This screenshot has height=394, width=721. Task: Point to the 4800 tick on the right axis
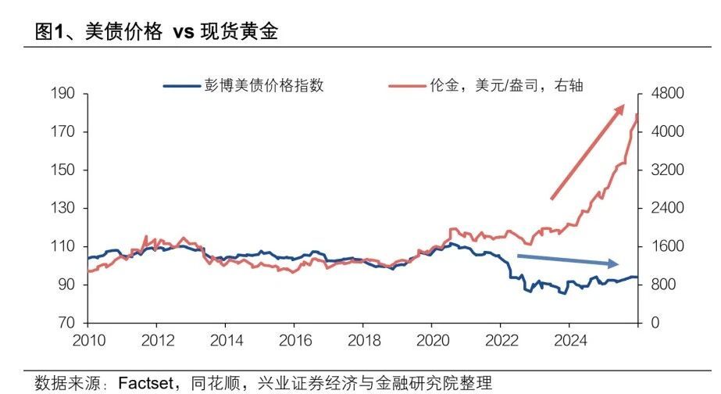click(x=668, y=94)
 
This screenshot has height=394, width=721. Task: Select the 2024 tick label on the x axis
click(x=569, y=341)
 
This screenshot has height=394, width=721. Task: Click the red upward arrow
click(x=587, y=151)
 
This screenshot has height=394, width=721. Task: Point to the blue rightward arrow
click(x=568, y=260)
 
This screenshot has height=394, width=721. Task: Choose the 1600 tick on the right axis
click(x=668, y=247)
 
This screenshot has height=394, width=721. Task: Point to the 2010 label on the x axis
click(x=87, y=341)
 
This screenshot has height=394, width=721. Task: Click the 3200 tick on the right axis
click(x=668, y=170)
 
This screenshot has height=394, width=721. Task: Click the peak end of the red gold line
click(x=637, y=115)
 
